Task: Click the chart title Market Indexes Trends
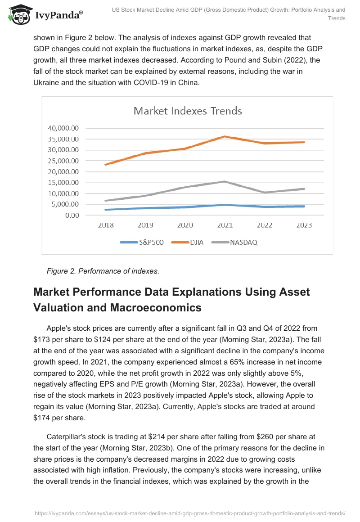tap(188, 111)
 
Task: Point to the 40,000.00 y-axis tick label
tap(63, 128)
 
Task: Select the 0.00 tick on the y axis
tap(72, 215)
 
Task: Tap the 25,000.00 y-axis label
tap(63, 161)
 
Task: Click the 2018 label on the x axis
tap(106, 225)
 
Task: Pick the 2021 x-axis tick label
tap(225, 225)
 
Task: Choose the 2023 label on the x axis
tap(304, 225)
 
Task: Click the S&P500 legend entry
tap(142, 242)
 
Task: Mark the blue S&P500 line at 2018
tap(106, 210)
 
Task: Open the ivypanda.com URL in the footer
tap(189, 513)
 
